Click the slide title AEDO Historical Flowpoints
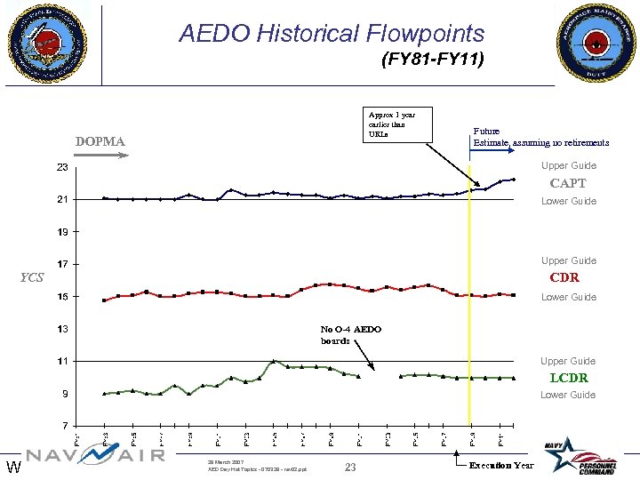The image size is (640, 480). (x=332, y=34)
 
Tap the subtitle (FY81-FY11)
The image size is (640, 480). (x=432, y=60)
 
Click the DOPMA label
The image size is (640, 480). (x=100, y=141)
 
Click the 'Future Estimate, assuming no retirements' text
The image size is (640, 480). (x=540, y=136)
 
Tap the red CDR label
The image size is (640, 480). (x=564, y=277)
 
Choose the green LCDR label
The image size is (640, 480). (x=568, y=378)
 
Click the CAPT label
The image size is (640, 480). (x=568, y=183)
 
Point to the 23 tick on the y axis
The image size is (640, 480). (x=63, y=167)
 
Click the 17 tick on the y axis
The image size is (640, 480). (x=63, y=264)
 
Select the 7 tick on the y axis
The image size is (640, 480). (x=66, y=425)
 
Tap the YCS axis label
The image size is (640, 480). (x=32, y=276)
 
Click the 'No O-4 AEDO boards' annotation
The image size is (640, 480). (x=350, y=334)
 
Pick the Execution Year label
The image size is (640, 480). (x=501, y=466)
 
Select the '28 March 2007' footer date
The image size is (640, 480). (x=225, y=462)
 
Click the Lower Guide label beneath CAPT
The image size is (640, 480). (x=569, y=201)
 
